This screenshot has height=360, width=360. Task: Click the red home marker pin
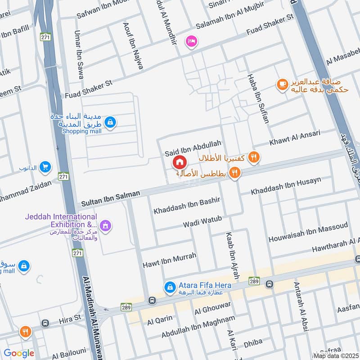[179, 162]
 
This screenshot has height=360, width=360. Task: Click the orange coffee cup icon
[282, 84]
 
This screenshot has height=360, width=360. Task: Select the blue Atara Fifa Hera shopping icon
[170, 286]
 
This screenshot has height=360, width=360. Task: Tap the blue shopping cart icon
[45, 167]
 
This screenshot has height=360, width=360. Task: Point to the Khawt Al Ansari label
[295, 138]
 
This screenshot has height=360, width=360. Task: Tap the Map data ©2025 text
[336, 356]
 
